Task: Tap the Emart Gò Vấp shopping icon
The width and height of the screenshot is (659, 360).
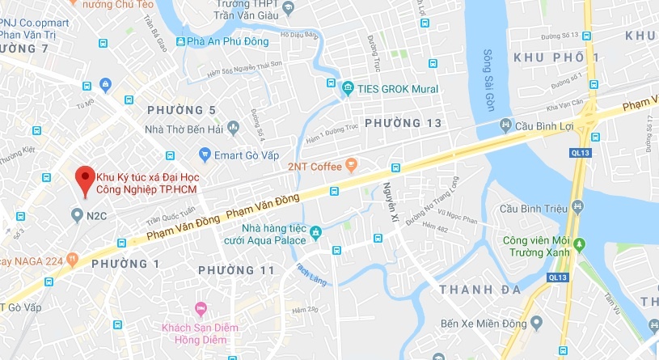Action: click(205, 154)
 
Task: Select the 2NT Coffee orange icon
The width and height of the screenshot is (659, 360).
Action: click(350, 166)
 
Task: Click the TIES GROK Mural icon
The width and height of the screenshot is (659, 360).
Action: click(347, 88)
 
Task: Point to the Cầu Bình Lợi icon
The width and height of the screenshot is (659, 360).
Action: click(506, 125)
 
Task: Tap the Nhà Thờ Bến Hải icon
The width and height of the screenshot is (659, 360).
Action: click(234, 127)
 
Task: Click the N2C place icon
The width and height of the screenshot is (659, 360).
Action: click(77, 215)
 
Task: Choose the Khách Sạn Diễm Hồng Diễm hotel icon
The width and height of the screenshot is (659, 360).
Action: click(201, 309)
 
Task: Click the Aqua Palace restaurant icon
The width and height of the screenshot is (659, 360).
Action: click(316, 233)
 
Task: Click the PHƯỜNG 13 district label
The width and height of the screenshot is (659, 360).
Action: click(403, 122)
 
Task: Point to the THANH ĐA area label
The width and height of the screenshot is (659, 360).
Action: click(475, 289)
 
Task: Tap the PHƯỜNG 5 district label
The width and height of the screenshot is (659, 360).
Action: click(182, 109)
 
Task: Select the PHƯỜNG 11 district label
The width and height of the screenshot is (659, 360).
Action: click(237, 269)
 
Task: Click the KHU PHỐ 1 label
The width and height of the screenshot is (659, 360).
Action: click(556, 57)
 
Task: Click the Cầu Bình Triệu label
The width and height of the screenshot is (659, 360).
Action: click(534, 210)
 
